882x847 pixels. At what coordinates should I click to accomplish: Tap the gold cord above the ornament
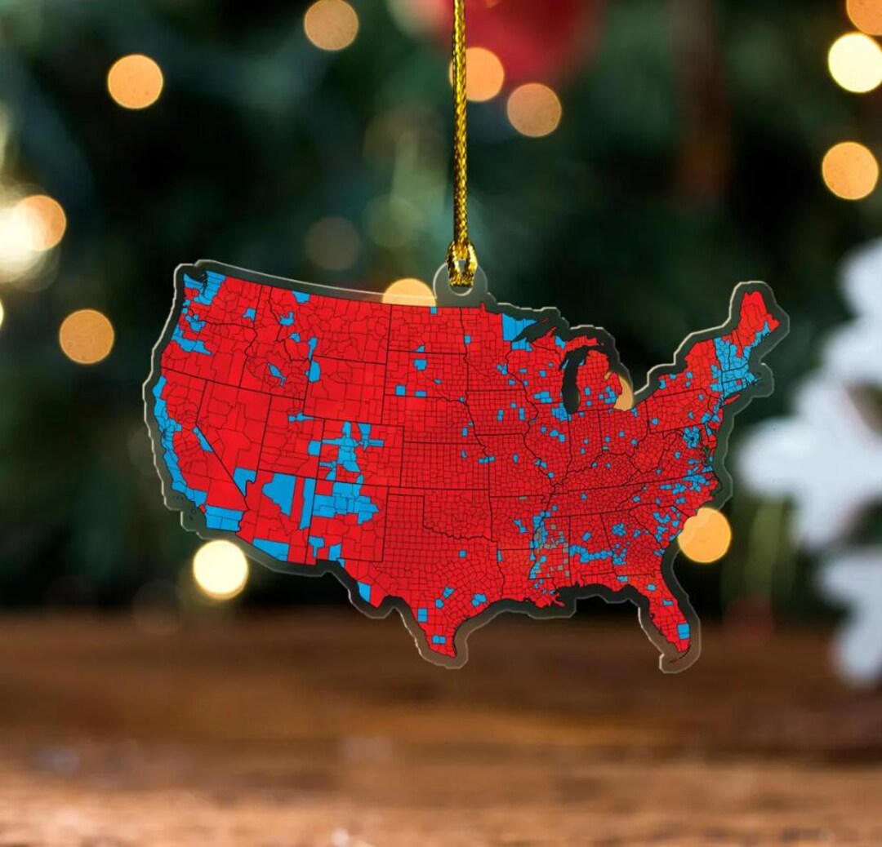[x=460, y=122]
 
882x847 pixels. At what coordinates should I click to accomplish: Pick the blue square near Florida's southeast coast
[x=683, y=630]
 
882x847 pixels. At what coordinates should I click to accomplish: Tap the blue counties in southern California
[x=222, y=517]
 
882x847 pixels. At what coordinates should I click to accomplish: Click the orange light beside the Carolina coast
[x=705, y=535]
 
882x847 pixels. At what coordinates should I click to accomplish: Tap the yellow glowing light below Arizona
[x=220, y=569]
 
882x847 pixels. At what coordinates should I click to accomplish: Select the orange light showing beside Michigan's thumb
[x=624, y=392]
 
